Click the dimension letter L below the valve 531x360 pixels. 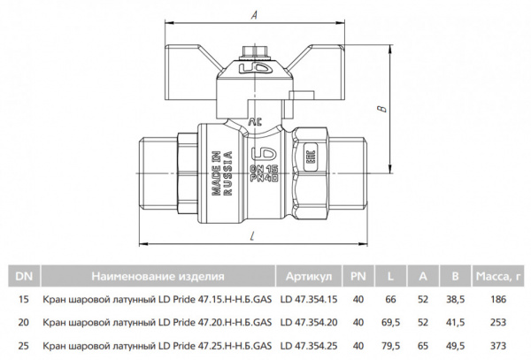point(254,235)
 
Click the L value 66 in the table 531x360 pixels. point(389,300)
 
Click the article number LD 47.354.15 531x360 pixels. point(309,300)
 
